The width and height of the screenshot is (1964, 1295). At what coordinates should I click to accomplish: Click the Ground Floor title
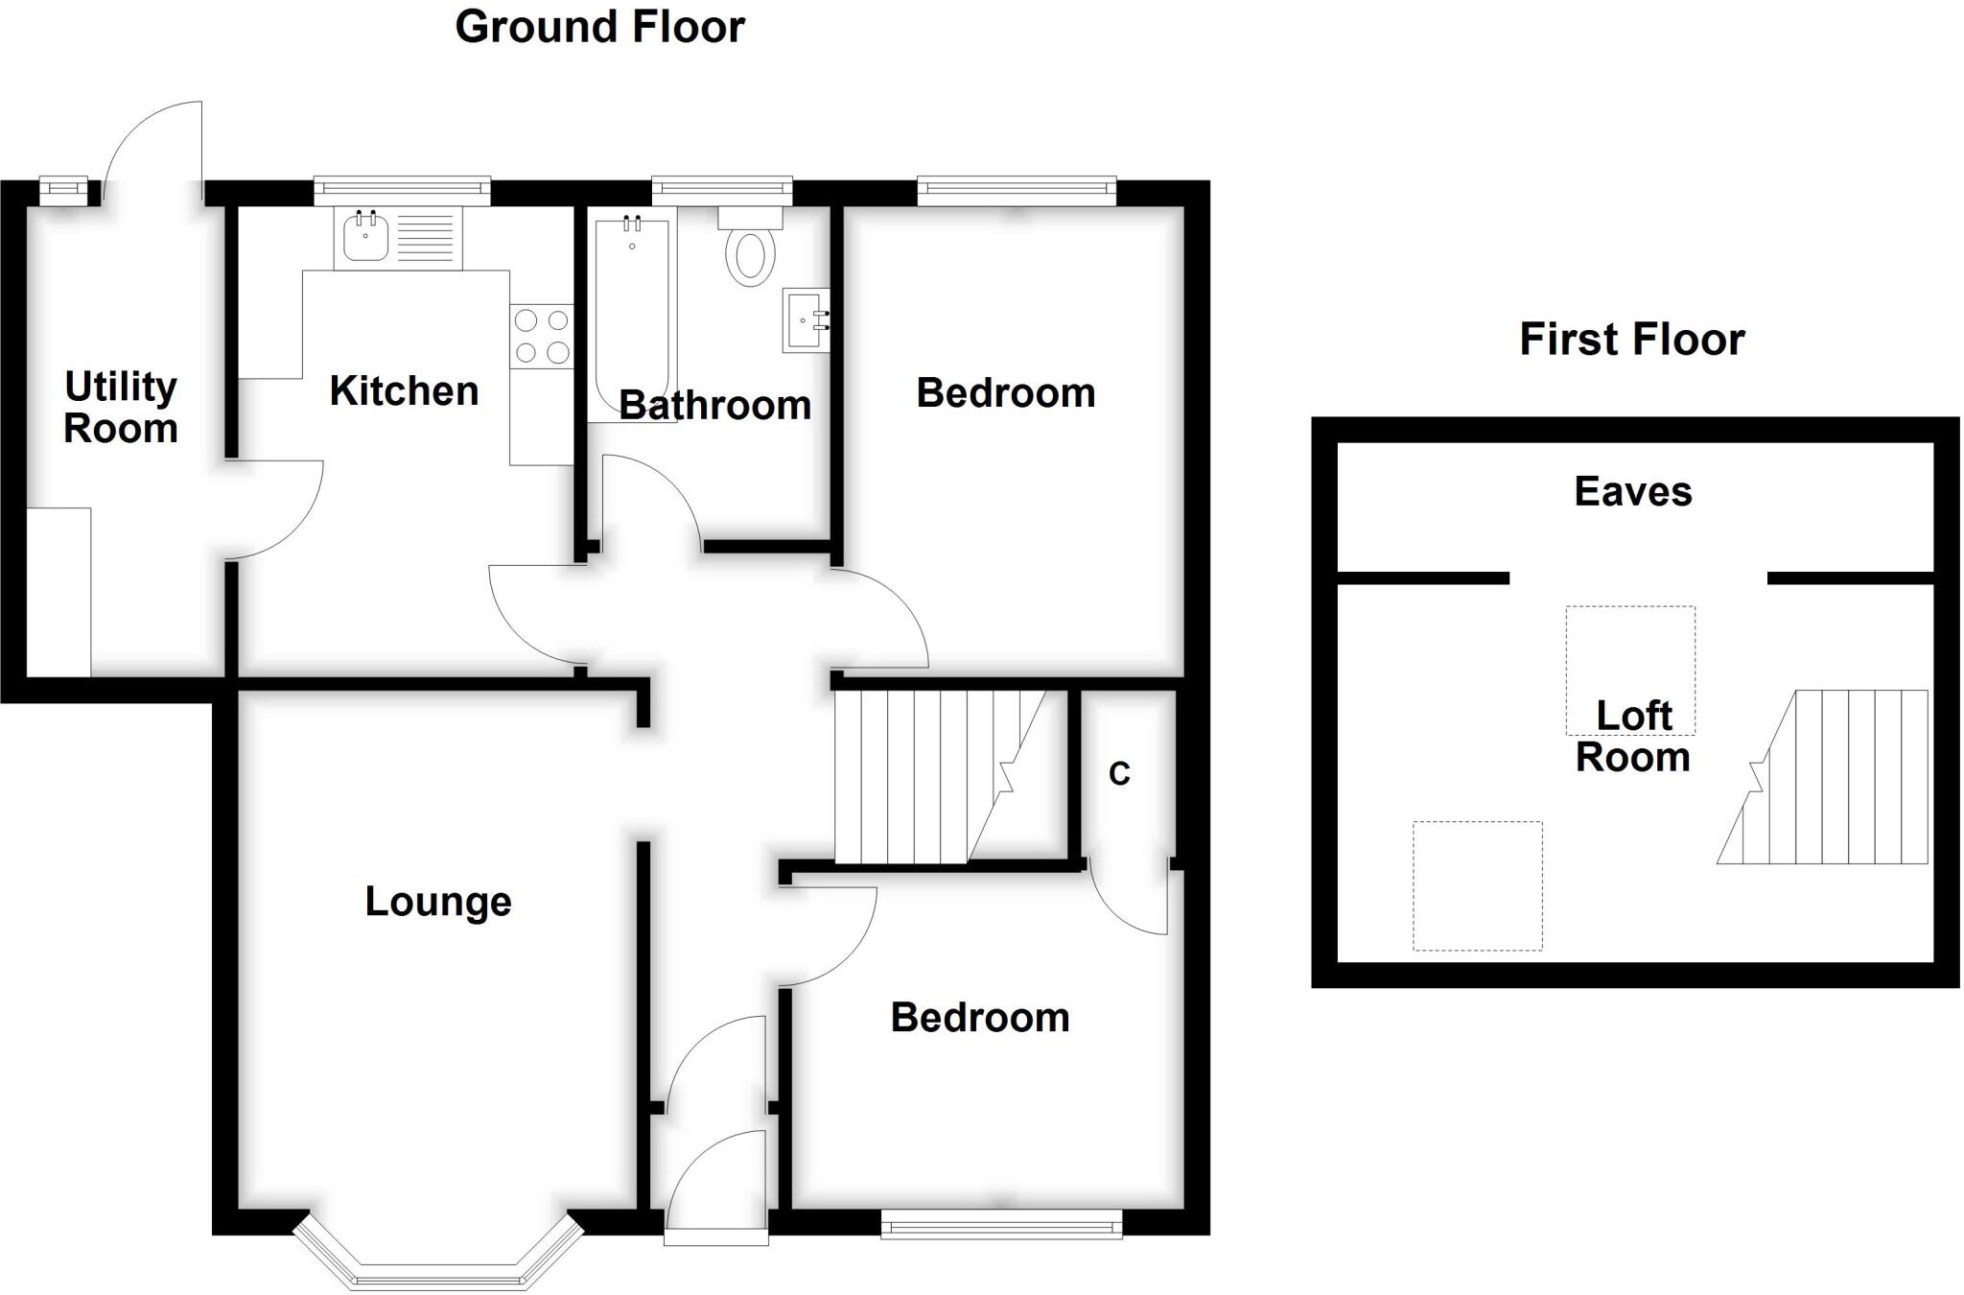point(599,27)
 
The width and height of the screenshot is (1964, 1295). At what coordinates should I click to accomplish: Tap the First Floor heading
point(1631,340)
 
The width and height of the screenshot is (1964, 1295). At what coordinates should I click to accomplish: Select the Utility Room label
point(121,408)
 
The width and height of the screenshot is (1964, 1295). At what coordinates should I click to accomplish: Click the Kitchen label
point(404,391)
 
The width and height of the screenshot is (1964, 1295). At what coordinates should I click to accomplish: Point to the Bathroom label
point(714,406)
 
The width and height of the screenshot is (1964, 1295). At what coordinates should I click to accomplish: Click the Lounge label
point(438,902)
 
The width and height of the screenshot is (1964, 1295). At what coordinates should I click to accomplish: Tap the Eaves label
point(1632,492)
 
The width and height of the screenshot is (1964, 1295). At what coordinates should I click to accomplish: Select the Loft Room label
point(1632,737)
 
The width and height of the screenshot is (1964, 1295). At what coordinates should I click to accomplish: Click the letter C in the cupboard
point(1119,774)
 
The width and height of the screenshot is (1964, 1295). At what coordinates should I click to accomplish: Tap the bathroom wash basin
point(806,320)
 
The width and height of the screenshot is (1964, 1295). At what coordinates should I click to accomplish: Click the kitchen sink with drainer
point(398,238)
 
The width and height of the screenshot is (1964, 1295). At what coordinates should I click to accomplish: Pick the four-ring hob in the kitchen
point(541,336)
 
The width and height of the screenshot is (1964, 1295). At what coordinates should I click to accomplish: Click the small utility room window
point(63,191)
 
